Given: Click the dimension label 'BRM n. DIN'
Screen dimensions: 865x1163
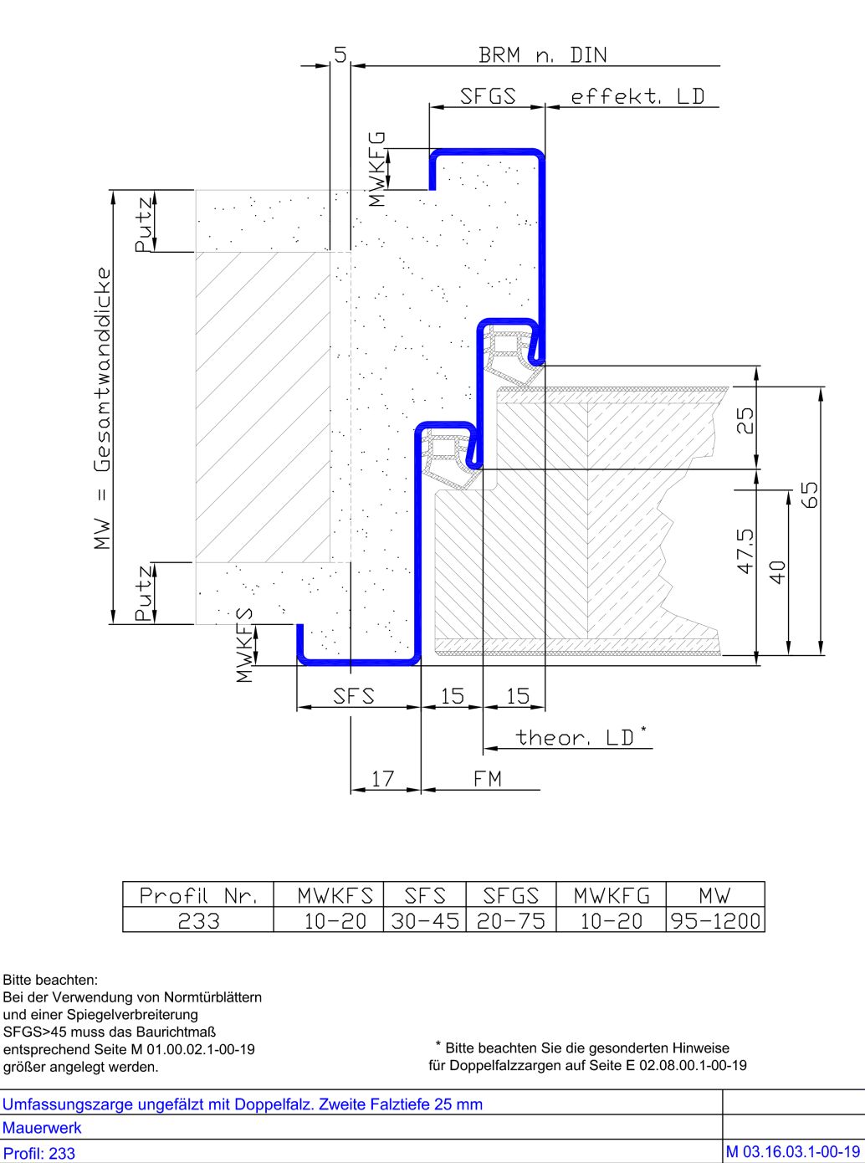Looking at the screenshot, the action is pyautogui.click(x=543, y=55).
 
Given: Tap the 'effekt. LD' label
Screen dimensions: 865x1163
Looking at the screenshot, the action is pyautogui.click(x=637, y=96).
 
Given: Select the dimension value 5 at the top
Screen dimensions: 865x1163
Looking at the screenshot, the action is pyautogui.click(x=340, y=54).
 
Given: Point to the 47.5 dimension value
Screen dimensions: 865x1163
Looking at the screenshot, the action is pyautogui.click(x=745, y=551).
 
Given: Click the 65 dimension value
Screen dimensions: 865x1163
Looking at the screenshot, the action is pyautogui.click(x=810, y=494).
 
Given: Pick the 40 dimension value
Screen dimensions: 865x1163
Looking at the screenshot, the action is pyautogui.click(x=778, y=572).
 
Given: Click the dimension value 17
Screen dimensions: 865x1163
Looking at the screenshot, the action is pyautogui.click(x=382, y=779).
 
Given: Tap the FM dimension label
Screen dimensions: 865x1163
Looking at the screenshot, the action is pyautogui.click(x=488, y=779).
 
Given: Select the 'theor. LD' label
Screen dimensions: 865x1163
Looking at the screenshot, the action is pyautogui.click(x=575, y=737).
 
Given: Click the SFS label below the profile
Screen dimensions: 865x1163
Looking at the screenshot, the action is pyautogui.click(x=354, y=696).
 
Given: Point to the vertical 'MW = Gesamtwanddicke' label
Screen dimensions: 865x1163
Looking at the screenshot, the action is pyautogui.click(x=102, y=408).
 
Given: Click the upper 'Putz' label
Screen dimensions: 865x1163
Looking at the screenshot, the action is pyautogui.click(x=144, y=224).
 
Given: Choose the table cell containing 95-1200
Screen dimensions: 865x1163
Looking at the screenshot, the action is pyautogui.click(x=715, y=920).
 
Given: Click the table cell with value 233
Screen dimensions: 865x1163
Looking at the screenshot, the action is pyautogui.click(x=198, y=920).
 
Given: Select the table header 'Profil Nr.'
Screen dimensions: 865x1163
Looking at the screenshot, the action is pyautogui.click(x=198, y=895).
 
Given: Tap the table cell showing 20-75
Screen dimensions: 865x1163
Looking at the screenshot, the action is pyautogui.click(x=511, y=920).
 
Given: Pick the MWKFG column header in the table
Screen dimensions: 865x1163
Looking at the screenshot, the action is pyautogui.click(x=612, y=895).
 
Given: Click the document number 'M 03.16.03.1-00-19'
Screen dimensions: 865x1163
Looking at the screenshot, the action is pyautogui.click(x=793, y=1151).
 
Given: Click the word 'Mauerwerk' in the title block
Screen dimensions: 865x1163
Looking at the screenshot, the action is pyautogui.click(x=42, y=1128).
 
